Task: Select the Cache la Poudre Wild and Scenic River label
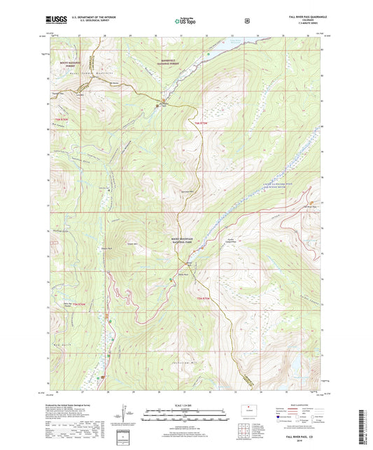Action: click(x=276, y=181)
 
